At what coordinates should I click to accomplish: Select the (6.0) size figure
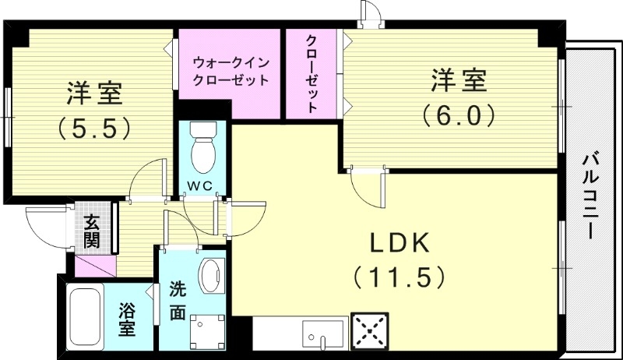tap(459, 115)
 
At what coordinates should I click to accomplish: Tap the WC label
tap(204, 185)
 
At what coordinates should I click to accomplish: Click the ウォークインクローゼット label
tap(230, 69)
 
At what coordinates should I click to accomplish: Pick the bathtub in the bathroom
tap(86, 315)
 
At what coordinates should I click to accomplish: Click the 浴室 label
tap(127, 319)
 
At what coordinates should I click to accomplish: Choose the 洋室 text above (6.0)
tap(459, 81)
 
